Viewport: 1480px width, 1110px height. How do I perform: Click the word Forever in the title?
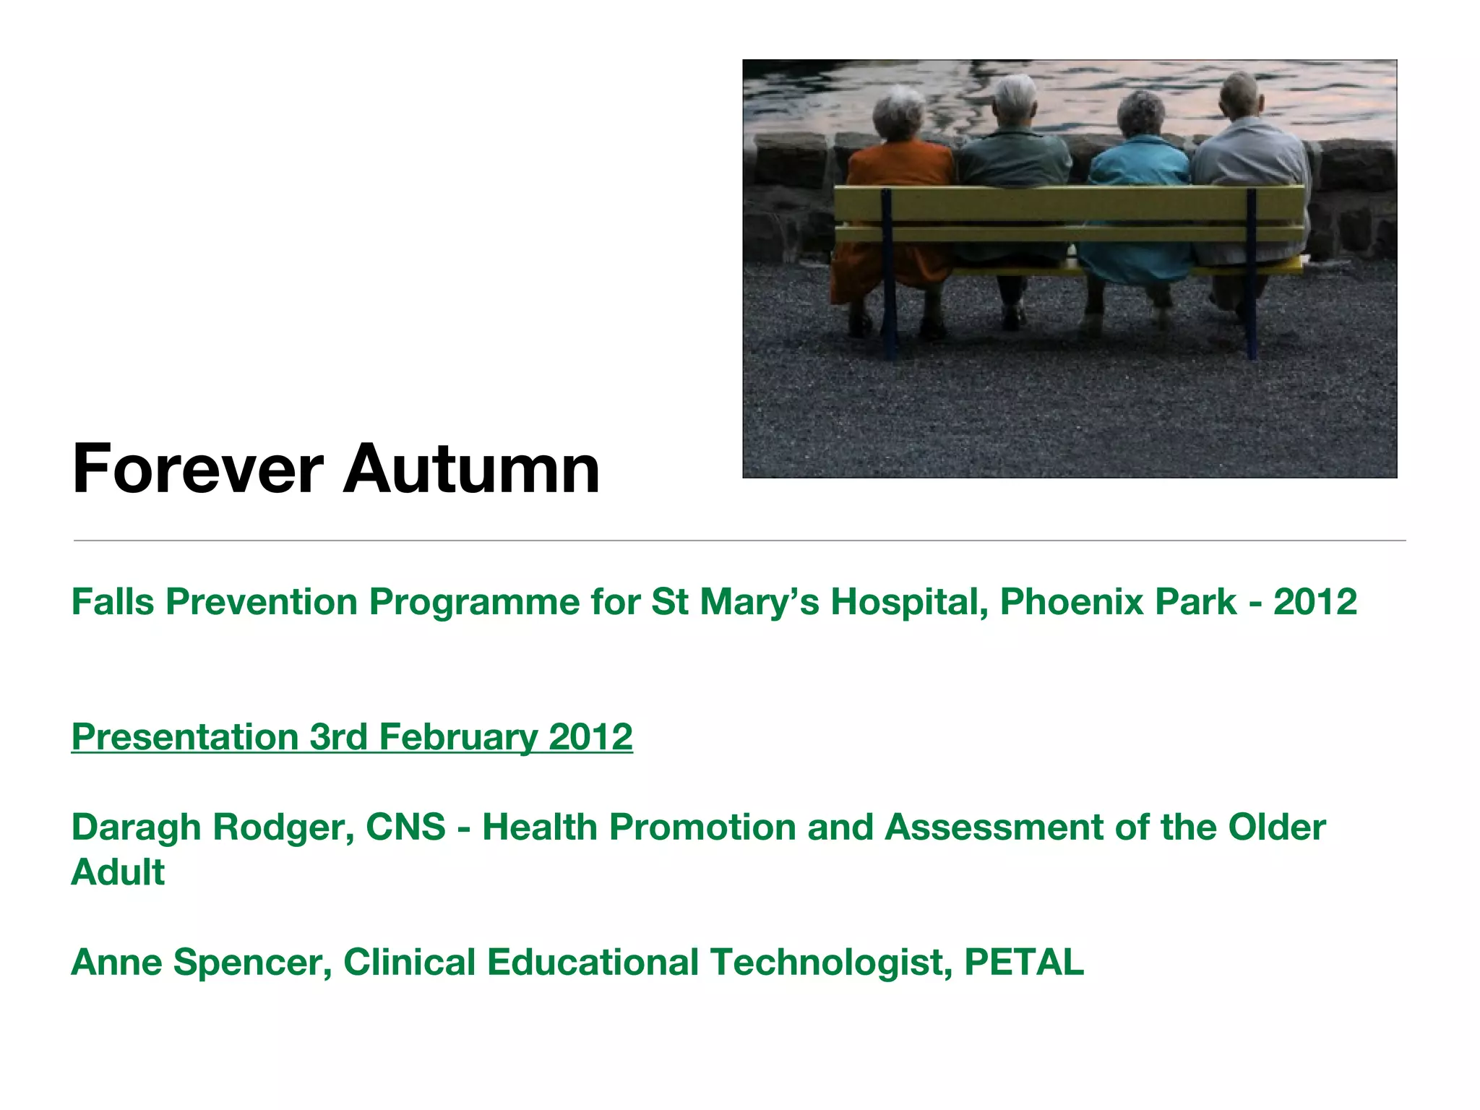pyautogui.click(x=197, y=470)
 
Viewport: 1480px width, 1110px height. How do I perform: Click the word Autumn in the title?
pyautogui.click(x=471, y=470)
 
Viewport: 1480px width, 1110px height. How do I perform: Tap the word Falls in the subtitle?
pyautogui.click(x=113, y=602)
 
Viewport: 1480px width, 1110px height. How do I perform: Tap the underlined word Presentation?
pyautogui.click(x=185, y=738)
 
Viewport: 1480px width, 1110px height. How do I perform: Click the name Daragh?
pyautogui.click(x=136, y=828)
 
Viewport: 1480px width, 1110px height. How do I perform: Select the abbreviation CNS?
pyautogui.click(x=405, y=828)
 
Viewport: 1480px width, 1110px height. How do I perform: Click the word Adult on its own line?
pyautogui.click(x=118, y=873)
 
